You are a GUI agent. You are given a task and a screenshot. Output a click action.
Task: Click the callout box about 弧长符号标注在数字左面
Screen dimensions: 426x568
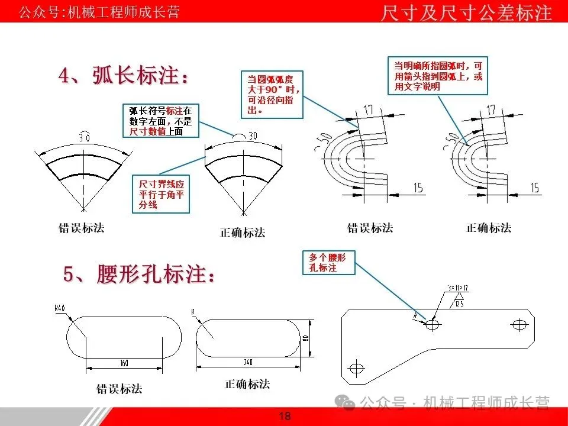(161, 121)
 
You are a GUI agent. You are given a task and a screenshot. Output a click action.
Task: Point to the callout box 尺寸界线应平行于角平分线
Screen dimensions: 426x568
(162, 193)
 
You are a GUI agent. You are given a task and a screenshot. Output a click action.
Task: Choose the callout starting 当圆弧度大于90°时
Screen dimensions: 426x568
(272, 94)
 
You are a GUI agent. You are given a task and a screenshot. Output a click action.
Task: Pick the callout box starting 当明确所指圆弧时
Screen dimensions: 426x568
(438, 76)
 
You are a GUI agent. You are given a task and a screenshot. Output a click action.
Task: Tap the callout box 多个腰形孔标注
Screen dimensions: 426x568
(328, 263)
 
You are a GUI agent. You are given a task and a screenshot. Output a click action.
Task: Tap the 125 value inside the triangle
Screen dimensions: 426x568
(459, 304)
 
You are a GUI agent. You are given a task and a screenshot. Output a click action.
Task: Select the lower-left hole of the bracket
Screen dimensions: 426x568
(356, 368)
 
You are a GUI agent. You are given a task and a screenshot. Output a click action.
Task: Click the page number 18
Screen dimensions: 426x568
(285, 417)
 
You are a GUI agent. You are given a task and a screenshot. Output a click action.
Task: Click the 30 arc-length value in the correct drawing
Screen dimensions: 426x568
(254, 135)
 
